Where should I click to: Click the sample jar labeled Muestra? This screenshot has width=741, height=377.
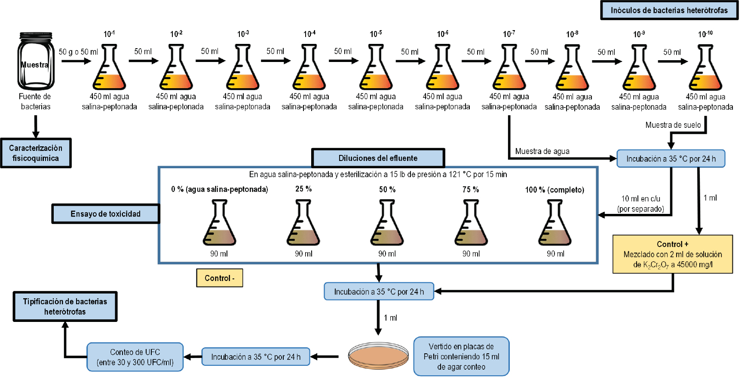click(x=36, y=61)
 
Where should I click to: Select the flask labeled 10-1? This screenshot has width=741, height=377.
click(x=109, y=69)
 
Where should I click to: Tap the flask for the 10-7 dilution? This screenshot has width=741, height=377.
click(x=509, y=69)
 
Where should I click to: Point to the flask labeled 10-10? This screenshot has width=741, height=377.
click(x=705, y=69)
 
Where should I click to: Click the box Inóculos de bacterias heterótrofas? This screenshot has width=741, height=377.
click(x=669, y=10)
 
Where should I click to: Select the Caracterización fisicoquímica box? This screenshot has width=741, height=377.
click(x=36, y=153)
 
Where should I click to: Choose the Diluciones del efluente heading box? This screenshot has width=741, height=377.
click(x=378, y=158)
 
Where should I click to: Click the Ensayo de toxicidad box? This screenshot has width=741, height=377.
click(x=105, y=214)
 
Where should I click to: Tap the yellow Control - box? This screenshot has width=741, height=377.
click(x=219, y=278)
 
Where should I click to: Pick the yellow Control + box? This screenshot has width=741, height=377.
click(x=672, y=254)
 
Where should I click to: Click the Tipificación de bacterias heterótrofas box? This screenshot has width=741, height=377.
click(x=65, y=306)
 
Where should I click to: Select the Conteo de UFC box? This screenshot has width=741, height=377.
click(x=135, y=357)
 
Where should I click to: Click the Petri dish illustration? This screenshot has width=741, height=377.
click(x=378, y=356)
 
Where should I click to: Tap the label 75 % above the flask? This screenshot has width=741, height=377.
click(x=471, y=189)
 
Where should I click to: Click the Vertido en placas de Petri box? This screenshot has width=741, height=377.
click(x=461, y=356)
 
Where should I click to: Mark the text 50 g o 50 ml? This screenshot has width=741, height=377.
click(x=78, y=52)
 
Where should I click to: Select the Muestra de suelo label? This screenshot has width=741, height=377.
click(x=673, y=125)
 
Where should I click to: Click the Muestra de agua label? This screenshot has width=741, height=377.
click(x=542, y=151)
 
